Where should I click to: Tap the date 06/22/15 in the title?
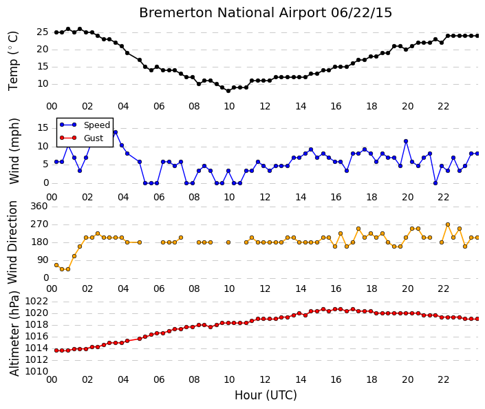(x=361, y=13)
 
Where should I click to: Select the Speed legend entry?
(x=85, y=125)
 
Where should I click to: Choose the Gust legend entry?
(x=81, y=138)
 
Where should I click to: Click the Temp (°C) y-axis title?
(x=14, y=61)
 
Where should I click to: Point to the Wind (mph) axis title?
(x=14, y=151)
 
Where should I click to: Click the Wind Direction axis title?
(x=12, y=242)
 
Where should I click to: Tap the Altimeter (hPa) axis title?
(x=14, y=333)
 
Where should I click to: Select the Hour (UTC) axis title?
(x=266, y=395)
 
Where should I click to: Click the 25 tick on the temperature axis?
(x=43, y=32)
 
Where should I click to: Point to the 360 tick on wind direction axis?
(x=39, y=206)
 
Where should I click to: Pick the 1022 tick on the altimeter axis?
(x=36, y=301)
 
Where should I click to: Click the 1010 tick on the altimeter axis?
(x=36, y=371)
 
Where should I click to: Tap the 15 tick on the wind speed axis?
(x=43, y=127)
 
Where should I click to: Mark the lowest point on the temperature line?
(x=228, y=91)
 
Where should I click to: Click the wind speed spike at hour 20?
(x=406, y=141)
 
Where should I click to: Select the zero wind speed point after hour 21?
(x=435, y=183)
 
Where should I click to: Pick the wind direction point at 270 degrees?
(x=448, y=224)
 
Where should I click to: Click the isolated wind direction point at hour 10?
(x=228, y=242)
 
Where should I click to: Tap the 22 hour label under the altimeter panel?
(x=443, y=379)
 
